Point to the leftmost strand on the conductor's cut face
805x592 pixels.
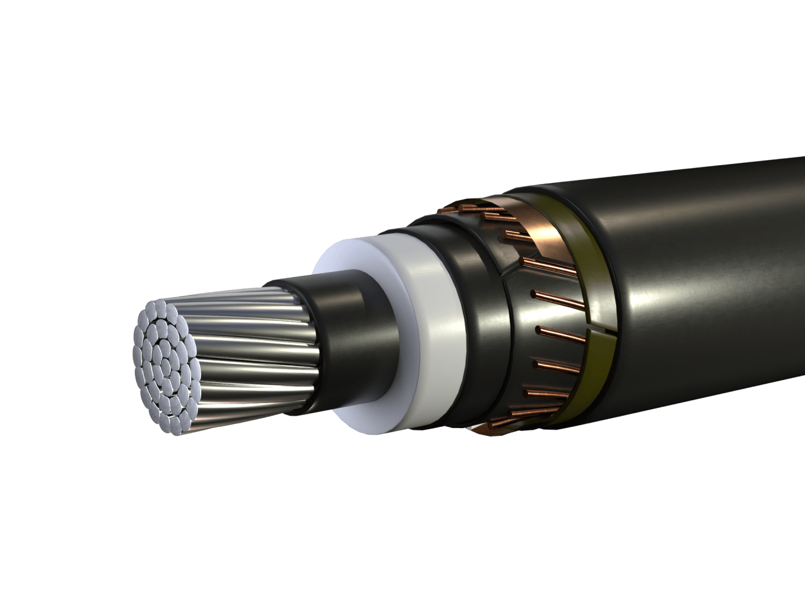pyautogui.click(x=137, y=355)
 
